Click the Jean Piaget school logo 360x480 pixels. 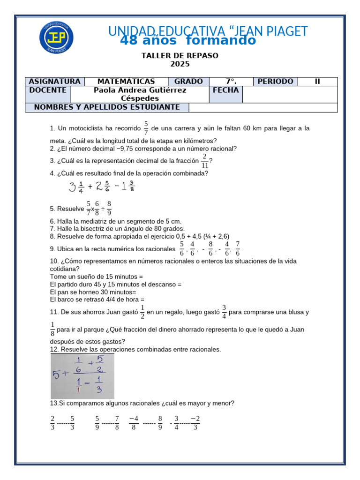click(56, 37)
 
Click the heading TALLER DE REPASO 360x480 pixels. click(180, 56)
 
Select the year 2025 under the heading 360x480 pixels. click(180, 64)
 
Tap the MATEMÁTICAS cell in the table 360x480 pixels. click(126, 82)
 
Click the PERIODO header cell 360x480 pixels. click(275, 82)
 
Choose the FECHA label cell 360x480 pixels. click(225, 90)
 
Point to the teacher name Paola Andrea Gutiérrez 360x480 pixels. click(140, 90)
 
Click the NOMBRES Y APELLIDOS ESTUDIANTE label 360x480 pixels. click(107, 107)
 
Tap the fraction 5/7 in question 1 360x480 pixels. click(146, 128)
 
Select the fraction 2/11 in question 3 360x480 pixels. click(204, 160)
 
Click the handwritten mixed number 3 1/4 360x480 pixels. click(76, 187)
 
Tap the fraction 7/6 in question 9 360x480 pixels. click(238, 248)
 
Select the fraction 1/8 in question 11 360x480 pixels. click(52, 330)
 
